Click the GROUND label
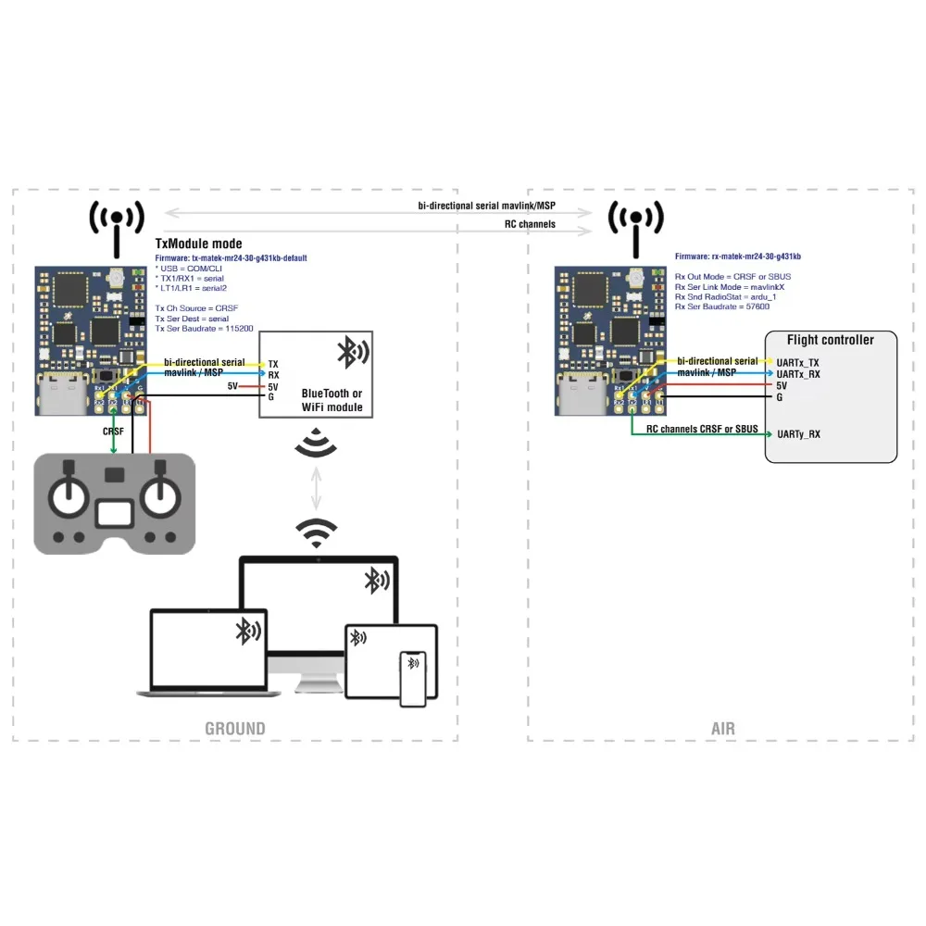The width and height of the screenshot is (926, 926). click(234, 729)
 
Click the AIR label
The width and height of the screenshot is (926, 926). click(723, 729)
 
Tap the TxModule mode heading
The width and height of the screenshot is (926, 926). click(198, 244)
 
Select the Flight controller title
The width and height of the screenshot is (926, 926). click(830, 340)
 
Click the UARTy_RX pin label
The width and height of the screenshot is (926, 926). click(798, 433)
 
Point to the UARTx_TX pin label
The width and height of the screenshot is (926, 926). click(798, 362)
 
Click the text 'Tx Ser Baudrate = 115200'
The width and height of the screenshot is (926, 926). click(205, 328)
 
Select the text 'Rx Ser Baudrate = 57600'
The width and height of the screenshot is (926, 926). click(722, 306)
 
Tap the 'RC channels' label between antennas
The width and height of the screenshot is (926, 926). click(530, 224)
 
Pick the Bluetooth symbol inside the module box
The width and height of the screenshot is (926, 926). click(352, 352)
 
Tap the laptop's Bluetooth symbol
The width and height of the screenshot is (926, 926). click(246, 631)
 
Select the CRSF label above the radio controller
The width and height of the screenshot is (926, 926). click(113, 432)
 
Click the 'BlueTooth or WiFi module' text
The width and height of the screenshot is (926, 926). click(332, 400)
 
